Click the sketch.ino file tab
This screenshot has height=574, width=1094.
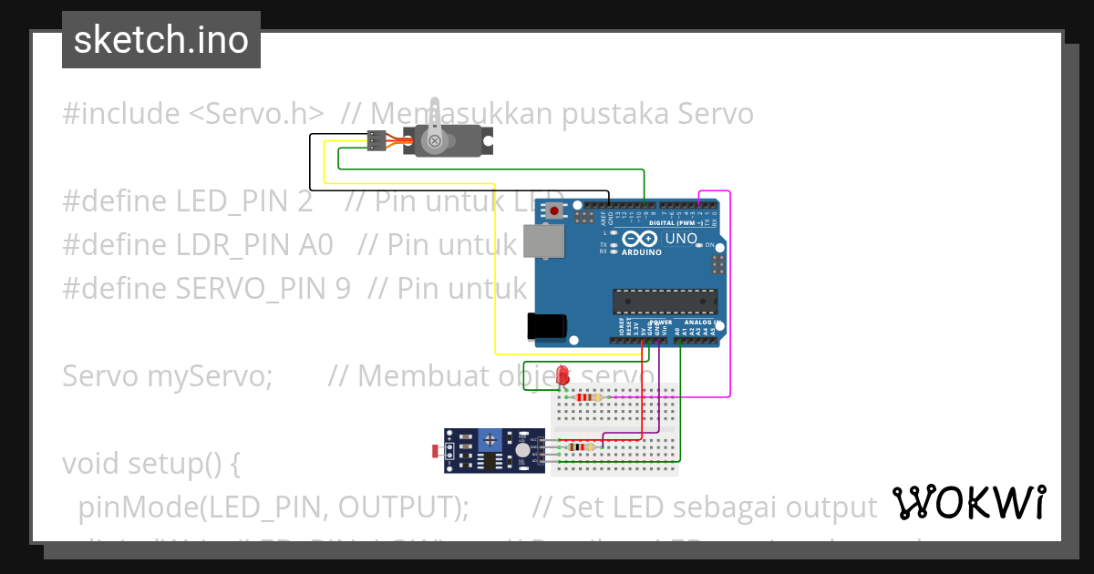[x=160, y=40]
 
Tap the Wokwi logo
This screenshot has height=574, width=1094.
[x=968, y=502]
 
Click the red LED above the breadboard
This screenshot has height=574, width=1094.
[x=563, y=374]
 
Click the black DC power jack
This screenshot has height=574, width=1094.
[x=547, y=326]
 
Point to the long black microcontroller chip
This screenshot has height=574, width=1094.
[x=665, y=302]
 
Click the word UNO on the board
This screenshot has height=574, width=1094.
[x=681, y=240]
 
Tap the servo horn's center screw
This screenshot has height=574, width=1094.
[x=435, y=140]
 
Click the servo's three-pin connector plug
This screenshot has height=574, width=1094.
[x=375, y=140]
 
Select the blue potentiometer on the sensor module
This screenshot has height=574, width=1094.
[x=490, y=439]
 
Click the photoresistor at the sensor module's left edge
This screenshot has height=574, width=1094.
[x=435, y=450]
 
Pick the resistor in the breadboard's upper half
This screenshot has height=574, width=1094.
[x=589, y=397]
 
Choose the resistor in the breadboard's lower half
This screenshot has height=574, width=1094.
[x=580, y=446]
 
